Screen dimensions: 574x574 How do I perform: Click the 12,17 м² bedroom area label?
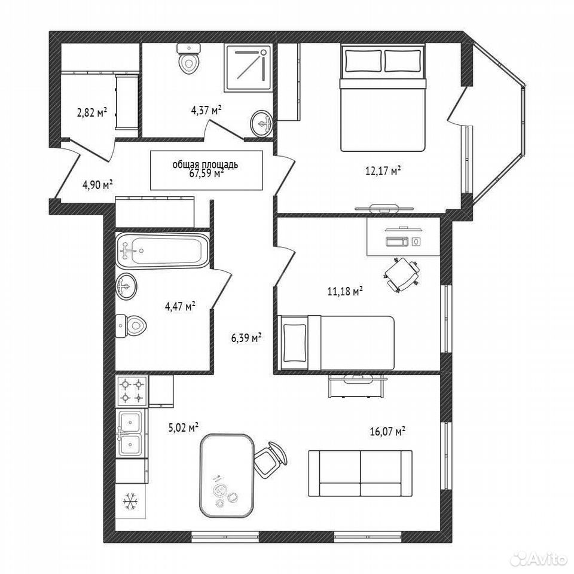tap(383, 170)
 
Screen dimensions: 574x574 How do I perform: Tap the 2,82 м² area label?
tap(91, 112)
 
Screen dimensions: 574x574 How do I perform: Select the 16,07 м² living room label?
tap(387, 431)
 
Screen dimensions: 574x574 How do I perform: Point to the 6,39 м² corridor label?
tap(246, 337)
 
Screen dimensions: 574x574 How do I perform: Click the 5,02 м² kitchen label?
tap(184, 427)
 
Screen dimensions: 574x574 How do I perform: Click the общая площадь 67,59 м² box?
tap(206, 170)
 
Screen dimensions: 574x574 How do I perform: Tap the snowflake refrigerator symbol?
tap(129, 501)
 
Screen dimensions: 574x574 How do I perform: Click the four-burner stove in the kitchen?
tap(132, 391)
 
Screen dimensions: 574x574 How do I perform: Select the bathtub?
tap(163, 250)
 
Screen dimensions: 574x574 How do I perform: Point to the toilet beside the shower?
tap(189, 59)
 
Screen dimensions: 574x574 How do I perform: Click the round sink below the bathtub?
tap(126, 286)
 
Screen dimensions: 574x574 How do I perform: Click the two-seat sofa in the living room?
tap(360, 474)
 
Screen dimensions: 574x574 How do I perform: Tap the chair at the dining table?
tap(271, 457)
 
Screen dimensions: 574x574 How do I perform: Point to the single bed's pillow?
tap(295, 343)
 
